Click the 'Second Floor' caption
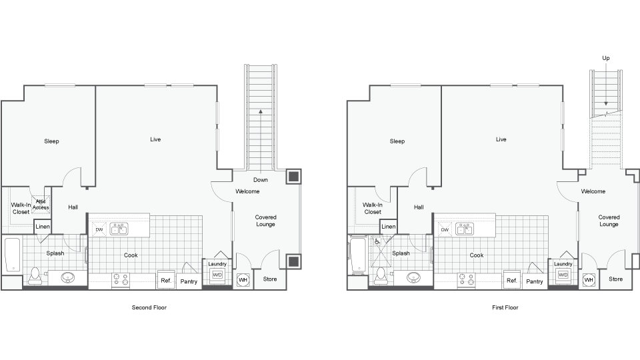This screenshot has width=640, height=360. pos(149,308)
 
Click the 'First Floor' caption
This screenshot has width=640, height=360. pos(504,308)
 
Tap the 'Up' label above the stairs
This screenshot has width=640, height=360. pos(606,58)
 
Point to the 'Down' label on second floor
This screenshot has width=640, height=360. pos(260,180)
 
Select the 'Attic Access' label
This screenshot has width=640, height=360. pos(41,204)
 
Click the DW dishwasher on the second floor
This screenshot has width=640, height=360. pos(99,230)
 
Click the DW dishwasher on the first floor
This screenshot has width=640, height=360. pos(445,230)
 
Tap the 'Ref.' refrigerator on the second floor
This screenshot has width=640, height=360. pos(166,281)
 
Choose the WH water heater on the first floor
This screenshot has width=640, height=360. pos(589,281)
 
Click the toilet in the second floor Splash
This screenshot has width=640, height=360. pos(35,276)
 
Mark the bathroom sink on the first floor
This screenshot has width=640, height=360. pos(414,277)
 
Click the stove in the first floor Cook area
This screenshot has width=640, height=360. pos(465,280)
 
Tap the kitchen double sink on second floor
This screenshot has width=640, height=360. pos(120,229)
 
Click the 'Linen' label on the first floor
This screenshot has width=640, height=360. pos(389,227)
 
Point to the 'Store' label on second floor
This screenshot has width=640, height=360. pos(270,279)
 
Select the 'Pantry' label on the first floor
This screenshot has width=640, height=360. pos(535,281)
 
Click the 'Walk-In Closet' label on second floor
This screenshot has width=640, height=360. pos(21,208)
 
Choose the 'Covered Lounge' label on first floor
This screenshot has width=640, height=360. pos(609,221)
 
